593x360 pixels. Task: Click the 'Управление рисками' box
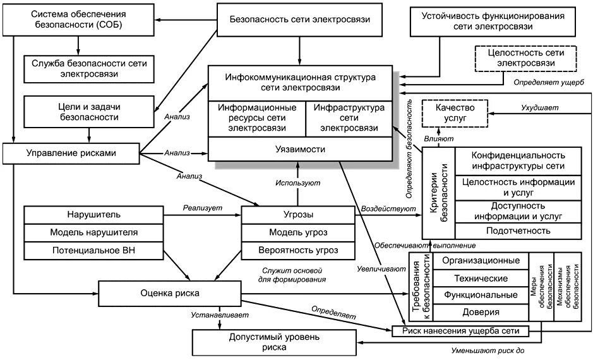71,152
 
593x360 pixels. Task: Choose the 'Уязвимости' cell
301,150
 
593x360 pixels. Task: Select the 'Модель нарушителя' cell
94,232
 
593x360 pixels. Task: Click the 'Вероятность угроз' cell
298,250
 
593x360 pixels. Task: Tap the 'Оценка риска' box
169,293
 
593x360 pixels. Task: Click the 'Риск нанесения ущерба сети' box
460,330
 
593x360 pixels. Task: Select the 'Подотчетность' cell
518,230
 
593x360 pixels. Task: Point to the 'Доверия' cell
481,312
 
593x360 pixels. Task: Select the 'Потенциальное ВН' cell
94,250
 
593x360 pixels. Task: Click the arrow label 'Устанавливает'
220,315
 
